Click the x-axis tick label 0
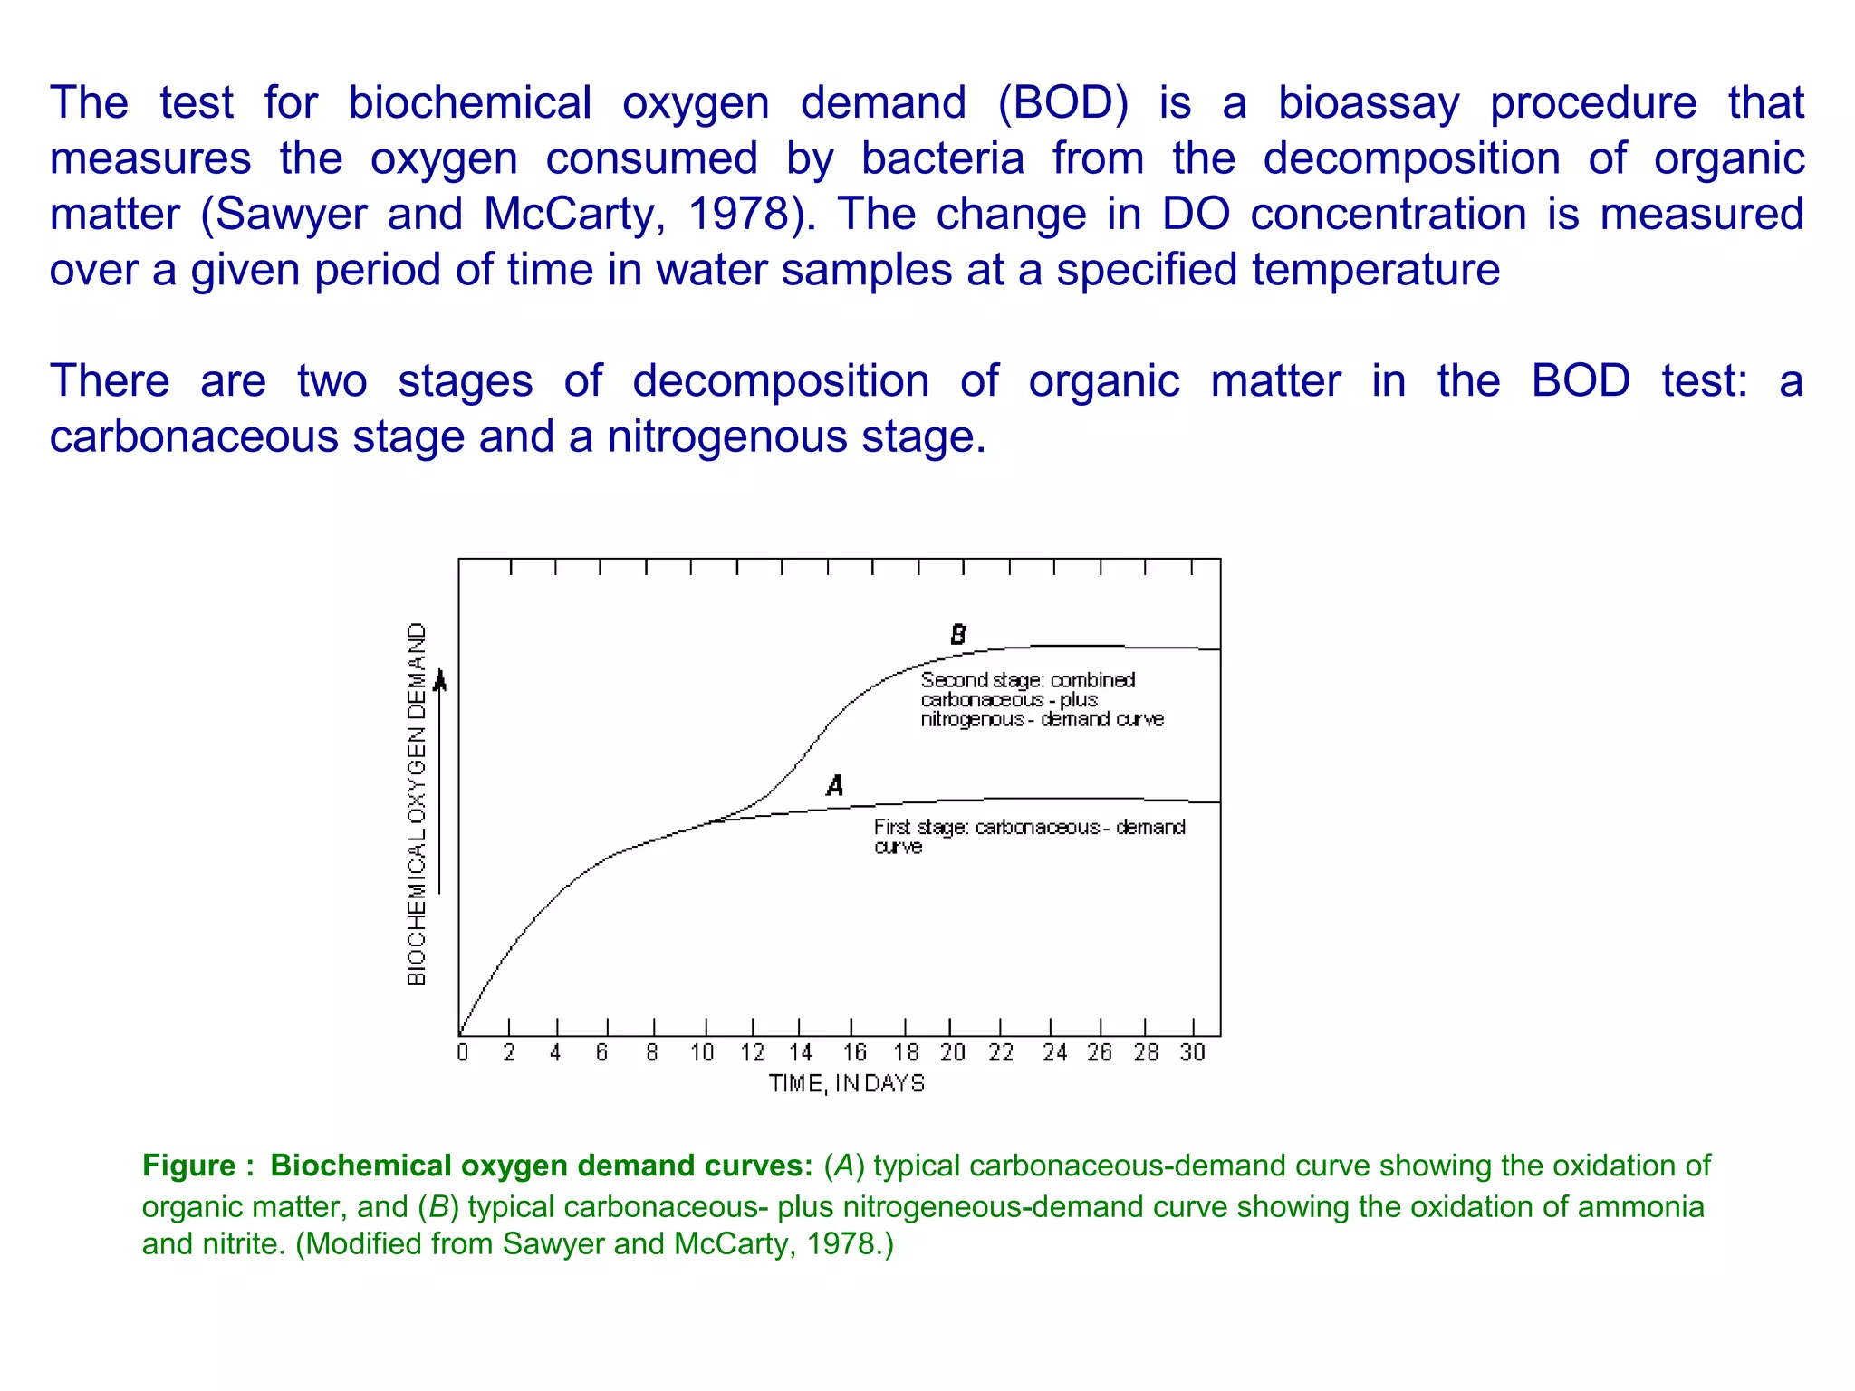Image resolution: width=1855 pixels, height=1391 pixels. pos(463,1052)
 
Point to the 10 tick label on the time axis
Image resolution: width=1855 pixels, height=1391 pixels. pos(702,1052)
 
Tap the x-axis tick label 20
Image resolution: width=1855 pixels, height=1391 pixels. pos(952,1052)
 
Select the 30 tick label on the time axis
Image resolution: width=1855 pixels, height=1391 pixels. pos(1193,1052)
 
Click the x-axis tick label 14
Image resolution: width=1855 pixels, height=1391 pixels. pos(801,1052)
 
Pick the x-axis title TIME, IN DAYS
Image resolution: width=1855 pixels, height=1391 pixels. pos(847,1084)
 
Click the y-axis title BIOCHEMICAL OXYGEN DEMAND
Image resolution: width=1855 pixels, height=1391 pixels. pos(416,804)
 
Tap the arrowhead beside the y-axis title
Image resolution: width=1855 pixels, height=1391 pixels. pos(440,679)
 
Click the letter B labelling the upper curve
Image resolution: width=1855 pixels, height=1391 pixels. pos(958,635)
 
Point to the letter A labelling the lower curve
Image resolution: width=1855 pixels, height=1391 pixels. pos(835,785)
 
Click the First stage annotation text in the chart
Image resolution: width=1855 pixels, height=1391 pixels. pos(1029,836)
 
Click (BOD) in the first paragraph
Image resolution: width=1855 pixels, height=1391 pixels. pos(1062,102)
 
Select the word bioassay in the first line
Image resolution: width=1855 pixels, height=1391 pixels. pos(1369,102)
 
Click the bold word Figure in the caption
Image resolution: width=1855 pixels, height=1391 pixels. pos(188,1166)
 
